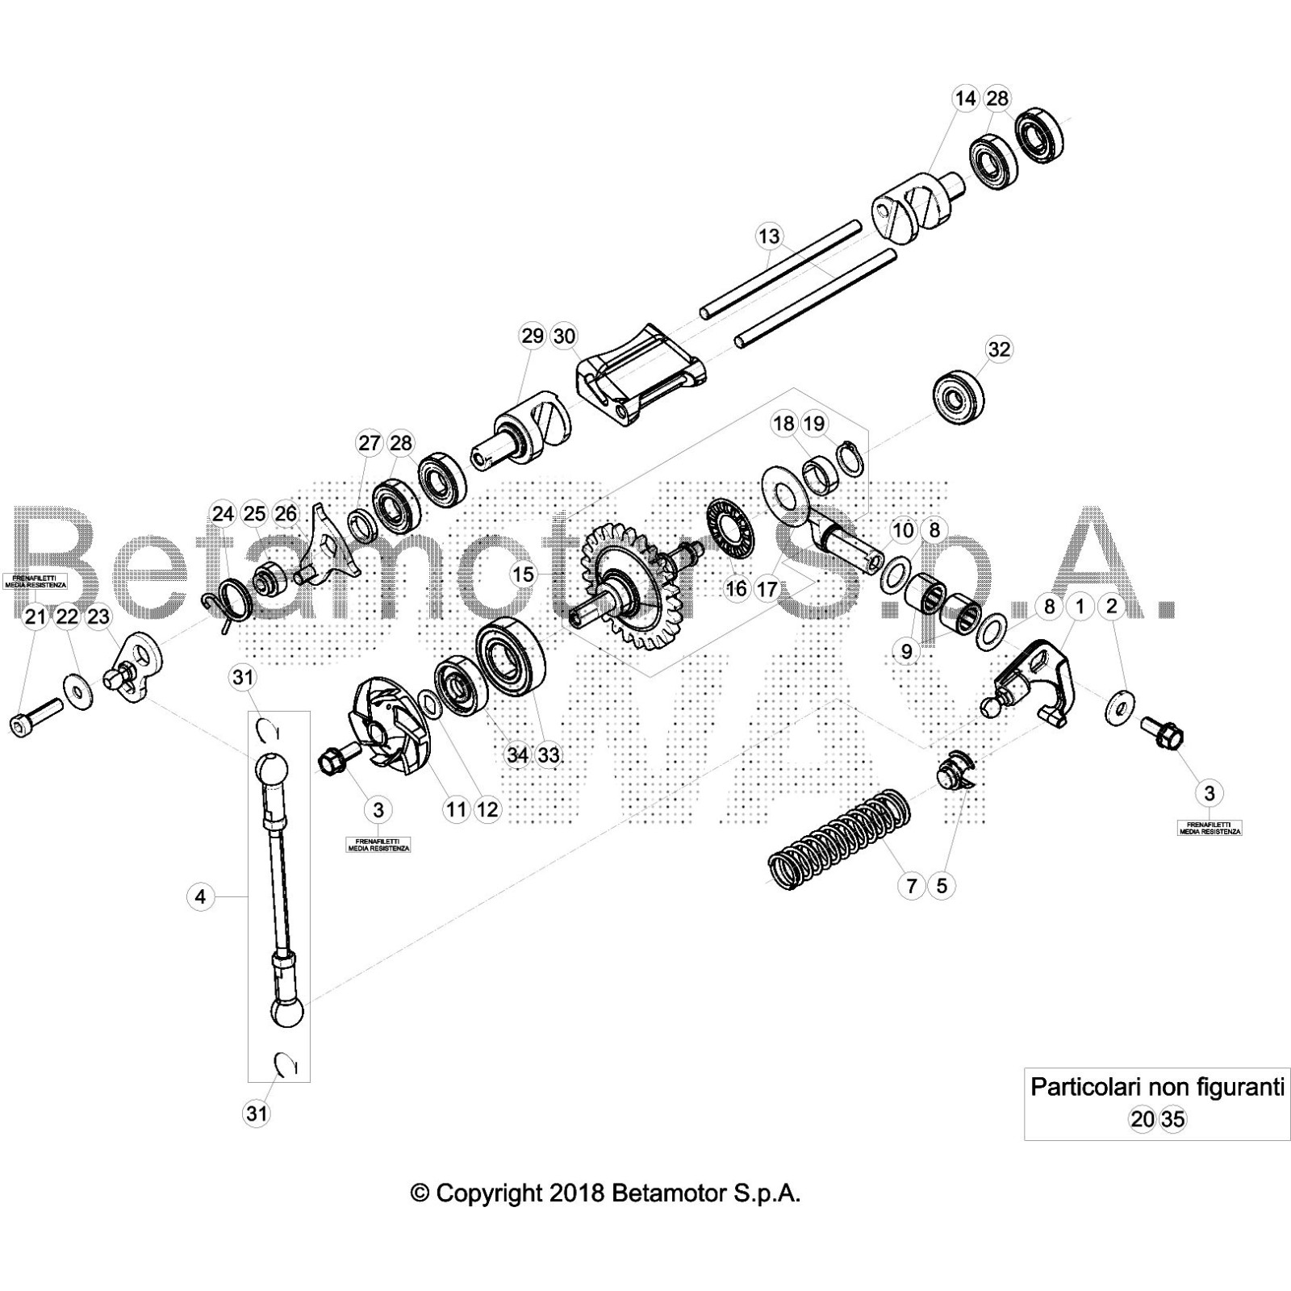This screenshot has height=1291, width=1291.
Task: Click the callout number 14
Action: click(x=965, y=98)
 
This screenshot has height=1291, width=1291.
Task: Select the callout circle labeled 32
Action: click(x=999, y=349)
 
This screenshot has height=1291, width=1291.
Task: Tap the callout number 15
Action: click(x=524, y=574)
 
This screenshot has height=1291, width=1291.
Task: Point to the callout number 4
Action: click(x=201, y=896)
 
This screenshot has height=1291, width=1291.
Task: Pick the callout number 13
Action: click(x=769, y=236)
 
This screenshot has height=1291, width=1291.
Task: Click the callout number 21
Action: click(x=35, y=616)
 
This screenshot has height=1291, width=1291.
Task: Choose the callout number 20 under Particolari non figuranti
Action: click(x=1142, y=1119)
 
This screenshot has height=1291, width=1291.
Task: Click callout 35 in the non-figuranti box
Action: click(x=1173, y=1119)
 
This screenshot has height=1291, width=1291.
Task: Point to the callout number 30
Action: click(x=564, y=336)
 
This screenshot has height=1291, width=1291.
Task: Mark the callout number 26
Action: click(x=286, y=514)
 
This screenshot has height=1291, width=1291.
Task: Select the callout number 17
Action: click(x=767, y=589)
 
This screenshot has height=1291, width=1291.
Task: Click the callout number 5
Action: click(x=942, y=885)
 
